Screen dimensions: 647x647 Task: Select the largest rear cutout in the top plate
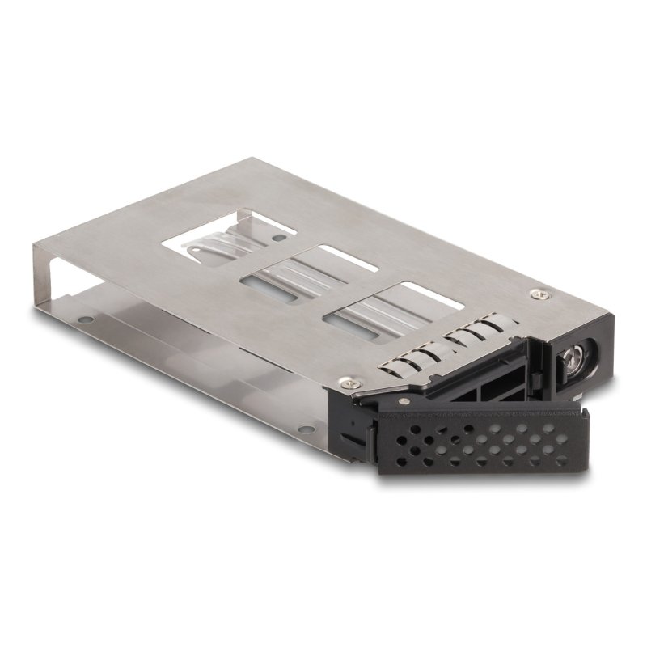(x=236, y=240)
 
